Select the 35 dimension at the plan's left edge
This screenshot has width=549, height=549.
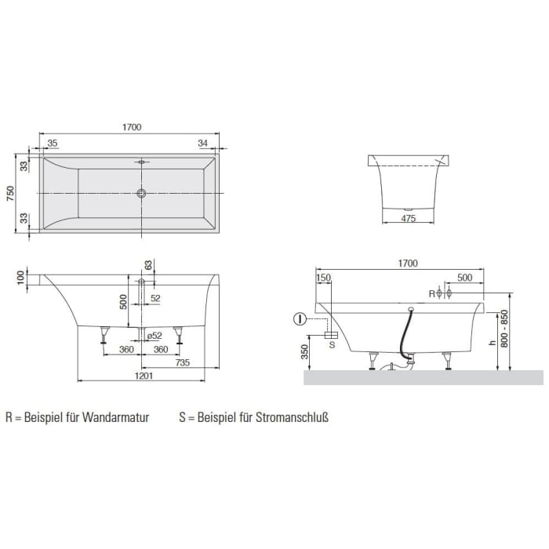click(x=53, y=143)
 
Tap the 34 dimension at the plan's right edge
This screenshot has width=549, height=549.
click(x=203, y=143)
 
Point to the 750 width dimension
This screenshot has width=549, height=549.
click(x=11, y=193)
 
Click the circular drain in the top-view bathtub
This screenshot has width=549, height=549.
click(x=142, y=193)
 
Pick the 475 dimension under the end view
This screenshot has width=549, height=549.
click(x=406, y=219)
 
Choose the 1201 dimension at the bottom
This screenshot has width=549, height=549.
click(x=142, y=376)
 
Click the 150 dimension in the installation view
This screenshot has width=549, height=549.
click(x=323, y=278)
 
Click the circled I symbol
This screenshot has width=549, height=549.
click(x=299, y=319)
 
